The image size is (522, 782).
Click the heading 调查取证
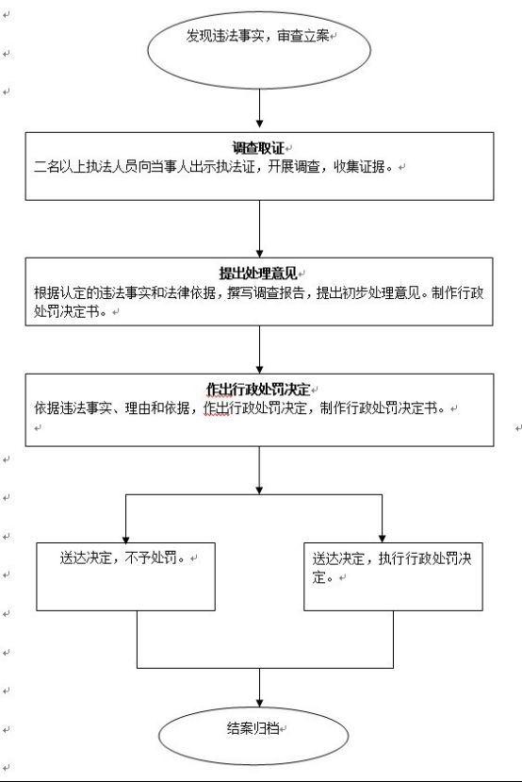pyautogui.click(x=258, y=148)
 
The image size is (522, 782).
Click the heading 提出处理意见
pyautogui.click(x=258, y=274)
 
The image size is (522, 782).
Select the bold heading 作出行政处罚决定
pyautogui.click(x=258, y=390)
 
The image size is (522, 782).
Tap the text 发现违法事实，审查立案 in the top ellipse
pyautogui.click(x=258, y=36)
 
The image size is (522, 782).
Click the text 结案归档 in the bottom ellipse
pyautogui.click(x=253, y=728)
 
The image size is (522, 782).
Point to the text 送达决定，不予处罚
pyautogui.click(x=119, y=557)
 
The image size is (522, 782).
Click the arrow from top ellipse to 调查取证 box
pyautogui.click(x=259, y=108)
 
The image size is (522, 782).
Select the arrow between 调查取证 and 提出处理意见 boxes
pyautogui.click(x=259, y=229)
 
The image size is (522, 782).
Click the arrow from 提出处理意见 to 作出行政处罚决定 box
pyautogui.click(x=259, y=350)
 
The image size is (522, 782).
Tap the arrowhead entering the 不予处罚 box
pyautogui.click(x=125, y=540)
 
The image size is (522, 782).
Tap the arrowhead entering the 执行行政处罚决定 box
pyautogui.click(x=382, y=540)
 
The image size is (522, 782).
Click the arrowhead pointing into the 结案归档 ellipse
pyautogui.click(x=259, y=703)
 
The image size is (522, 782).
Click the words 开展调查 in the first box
pyautogui.click(x=294, y=167)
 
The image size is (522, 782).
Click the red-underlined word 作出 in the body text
pyautogui.click(x=217, y=408)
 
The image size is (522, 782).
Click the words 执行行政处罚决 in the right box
pyautogui.click(x=425, y=558)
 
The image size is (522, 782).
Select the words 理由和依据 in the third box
pyautogui.click(x=157, y=408)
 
